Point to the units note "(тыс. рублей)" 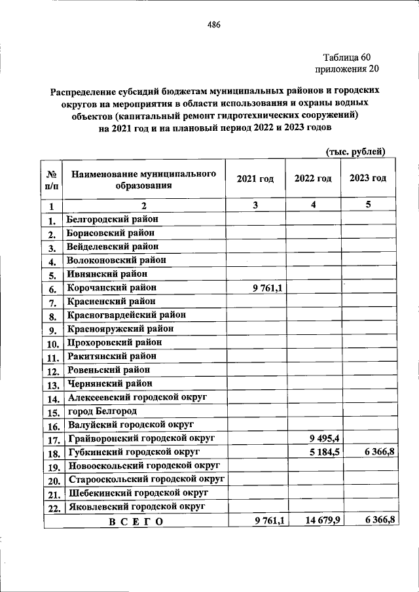pos(356,152)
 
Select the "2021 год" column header pos(255,179)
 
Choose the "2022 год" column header pos(312,179)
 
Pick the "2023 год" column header pos(368,179)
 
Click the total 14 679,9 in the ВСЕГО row pos(317,520)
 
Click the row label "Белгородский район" pos(113,219)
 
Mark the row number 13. pos(52,384)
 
